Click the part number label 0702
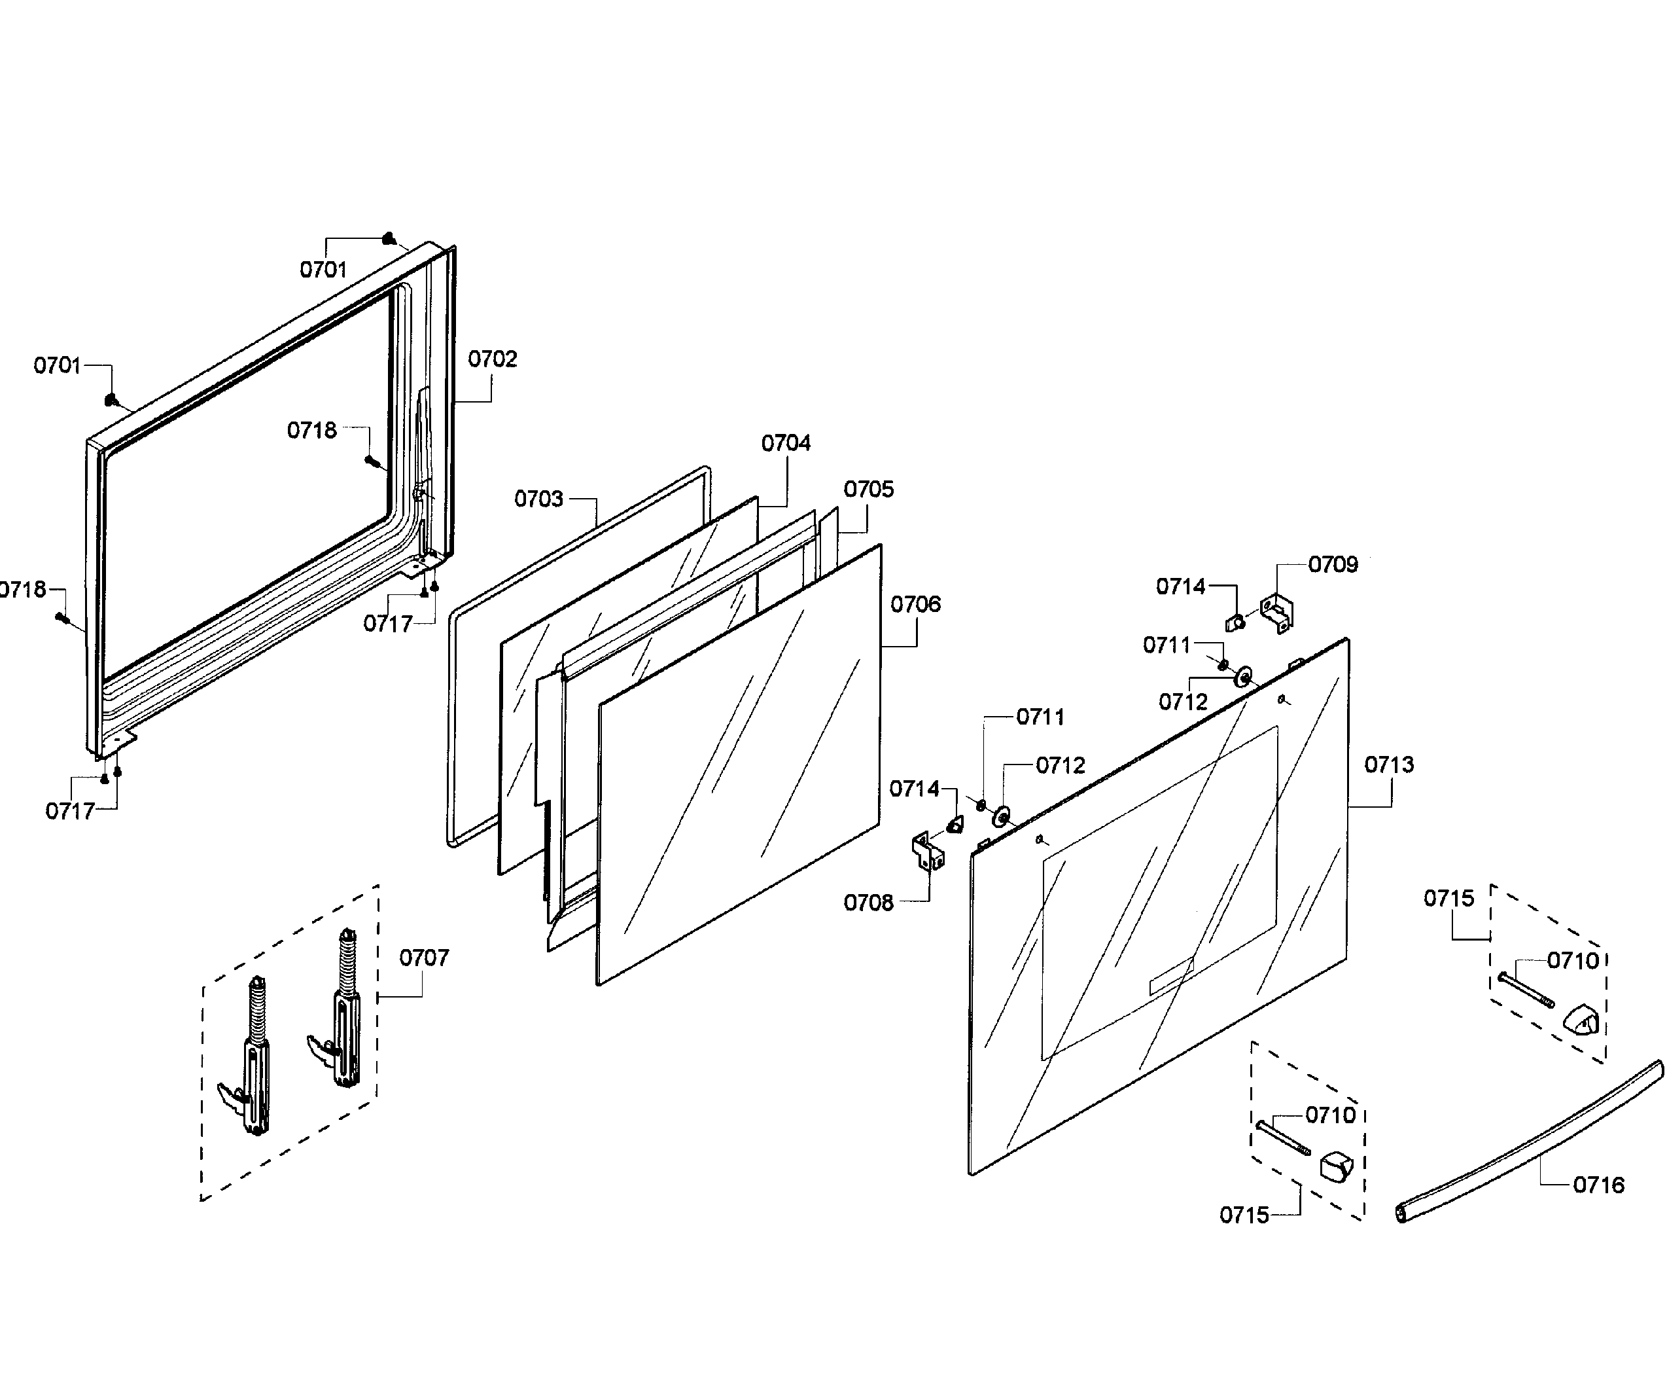click(x=492, y=359)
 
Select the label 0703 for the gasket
click(x=538, y=499)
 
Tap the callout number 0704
click(x=785, y=443)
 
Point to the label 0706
click(x=915, y=604)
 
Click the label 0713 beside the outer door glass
click(x=1388, y=764)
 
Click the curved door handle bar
click(x=1532, y=1143)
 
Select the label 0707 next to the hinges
click(x=423, y=958)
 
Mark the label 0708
click(x=868, y=903)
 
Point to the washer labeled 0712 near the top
click(x=1243, y=677)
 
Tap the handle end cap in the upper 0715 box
click(x=1581, y=1020)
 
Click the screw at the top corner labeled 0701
click(x=389, y=238)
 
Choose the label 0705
click(x=868, y=489)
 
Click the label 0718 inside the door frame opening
click(x=311, y=431)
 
